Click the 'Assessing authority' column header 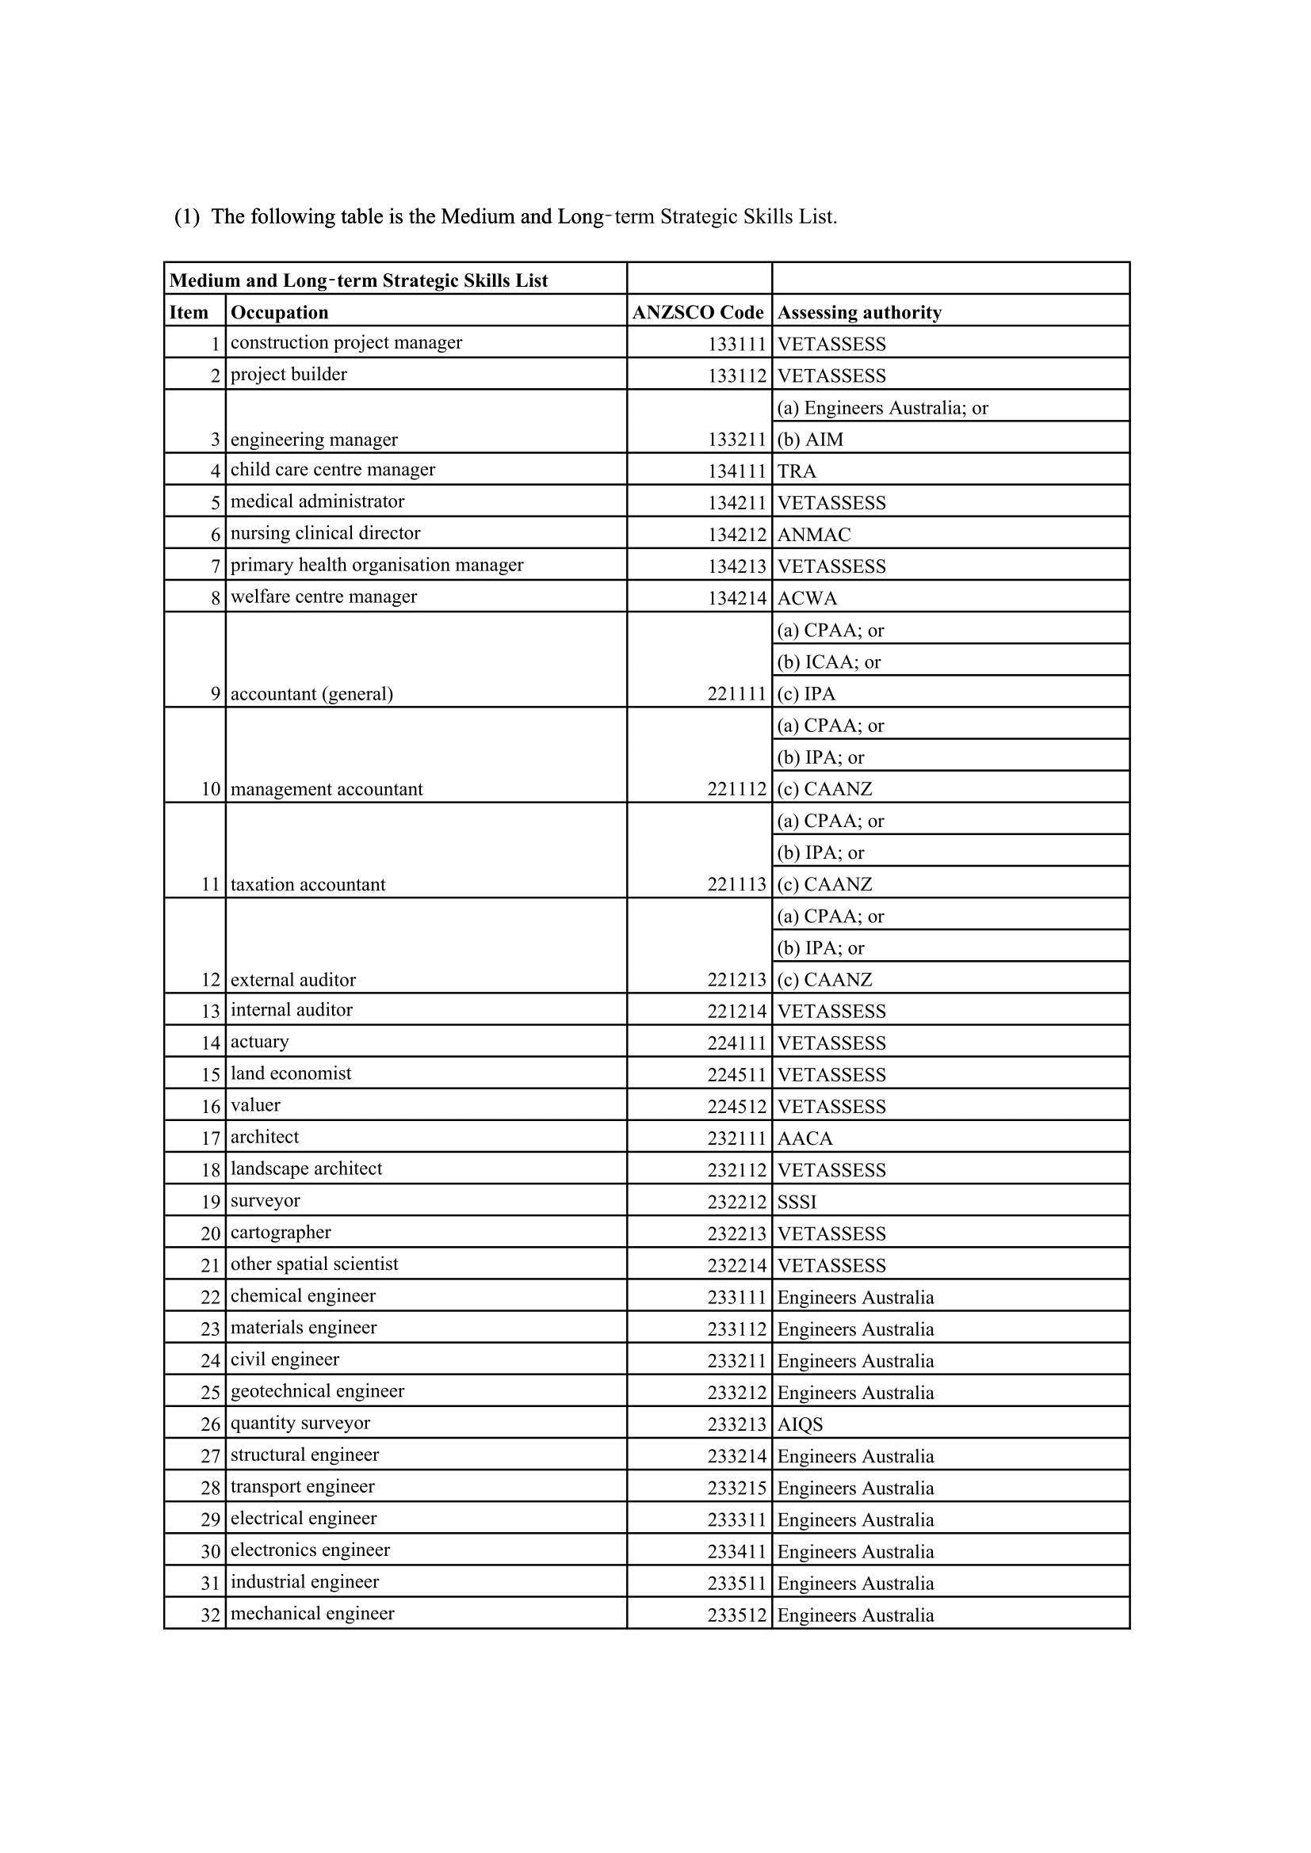coord(859,312)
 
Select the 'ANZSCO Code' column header coord(698,312)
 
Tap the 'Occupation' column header coord(279,312)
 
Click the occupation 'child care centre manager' coord(333,470)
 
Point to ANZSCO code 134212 coord(736,534)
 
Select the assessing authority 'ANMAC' coord(814,534)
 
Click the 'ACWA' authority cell coord(806,598)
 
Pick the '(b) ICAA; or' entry coord(828,662)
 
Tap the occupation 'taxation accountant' coord(308,885)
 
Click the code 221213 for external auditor coord(736,980)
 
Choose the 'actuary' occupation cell coord(259,1042)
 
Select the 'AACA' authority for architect coord(804,1138)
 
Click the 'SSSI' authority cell coord(797,1203)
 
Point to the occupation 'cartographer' coord(280,1233)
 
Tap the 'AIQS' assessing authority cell coord(799,1424)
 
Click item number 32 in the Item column coord(210,1615)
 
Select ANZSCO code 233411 coord(736,1552)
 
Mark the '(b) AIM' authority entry coord(810,440)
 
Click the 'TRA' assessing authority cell coord(796,471)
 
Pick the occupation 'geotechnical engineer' coord(317,1391)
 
